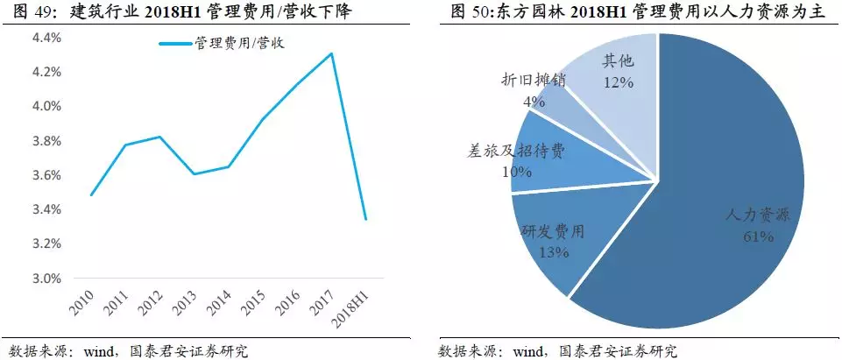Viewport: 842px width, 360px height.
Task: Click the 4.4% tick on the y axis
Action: (x=46, y=38)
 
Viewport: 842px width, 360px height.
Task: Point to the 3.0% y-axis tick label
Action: (x=46, y=279)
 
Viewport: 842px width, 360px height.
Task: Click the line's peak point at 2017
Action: (x=331, y=53)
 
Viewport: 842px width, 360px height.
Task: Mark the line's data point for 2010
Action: (x=91, y=194)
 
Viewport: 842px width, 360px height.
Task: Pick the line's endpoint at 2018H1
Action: (x=365, y=219)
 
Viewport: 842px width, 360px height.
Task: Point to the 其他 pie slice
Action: (x=613, y=70)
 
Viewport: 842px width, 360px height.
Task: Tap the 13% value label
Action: (x=555, y=252)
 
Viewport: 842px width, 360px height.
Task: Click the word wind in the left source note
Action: (x=98, y=351)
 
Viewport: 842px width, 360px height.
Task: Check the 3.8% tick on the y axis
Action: (x=46, y=141)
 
